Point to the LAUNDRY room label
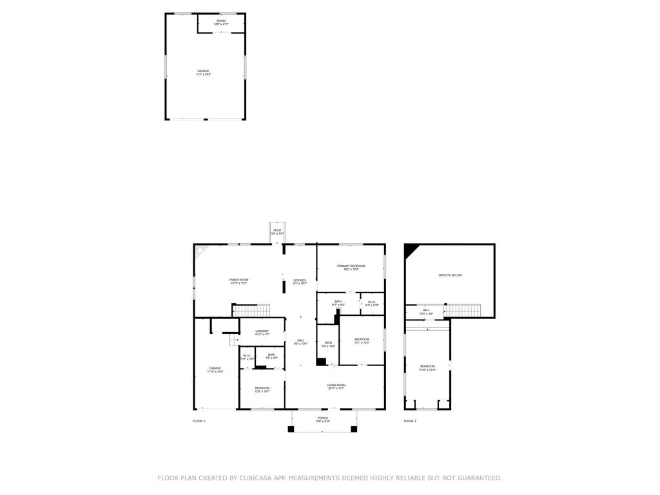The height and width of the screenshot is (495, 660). pos(262,332)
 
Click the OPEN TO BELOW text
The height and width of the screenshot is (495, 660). pos(450,275)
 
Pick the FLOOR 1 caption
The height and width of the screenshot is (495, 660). pos(199,421)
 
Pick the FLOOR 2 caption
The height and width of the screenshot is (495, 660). pos(410,421)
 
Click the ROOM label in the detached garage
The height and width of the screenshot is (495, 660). pos(221,22)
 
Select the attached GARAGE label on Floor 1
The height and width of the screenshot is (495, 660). pos(215,369)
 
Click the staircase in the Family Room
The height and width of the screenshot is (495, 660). pos(246,311)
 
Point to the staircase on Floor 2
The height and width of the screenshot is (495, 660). pos(463,311)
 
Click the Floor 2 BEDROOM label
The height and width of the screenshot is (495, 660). pos(427,367)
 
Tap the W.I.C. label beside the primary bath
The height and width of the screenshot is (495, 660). pos(371,303)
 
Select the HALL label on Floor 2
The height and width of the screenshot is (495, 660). pos(426,311)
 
